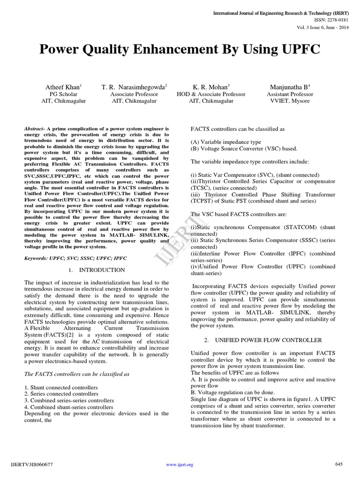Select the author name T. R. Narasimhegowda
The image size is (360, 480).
click(135, 87)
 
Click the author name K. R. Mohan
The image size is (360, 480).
click(211, 87)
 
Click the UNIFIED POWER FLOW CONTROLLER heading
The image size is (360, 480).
click(262, 340)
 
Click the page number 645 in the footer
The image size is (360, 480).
click(339, 464)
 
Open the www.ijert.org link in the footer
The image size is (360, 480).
click(180, 465)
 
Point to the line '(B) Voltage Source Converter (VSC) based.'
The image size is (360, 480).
click(244, 149)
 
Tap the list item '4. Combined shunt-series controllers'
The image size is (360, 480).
click(70, 407)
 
